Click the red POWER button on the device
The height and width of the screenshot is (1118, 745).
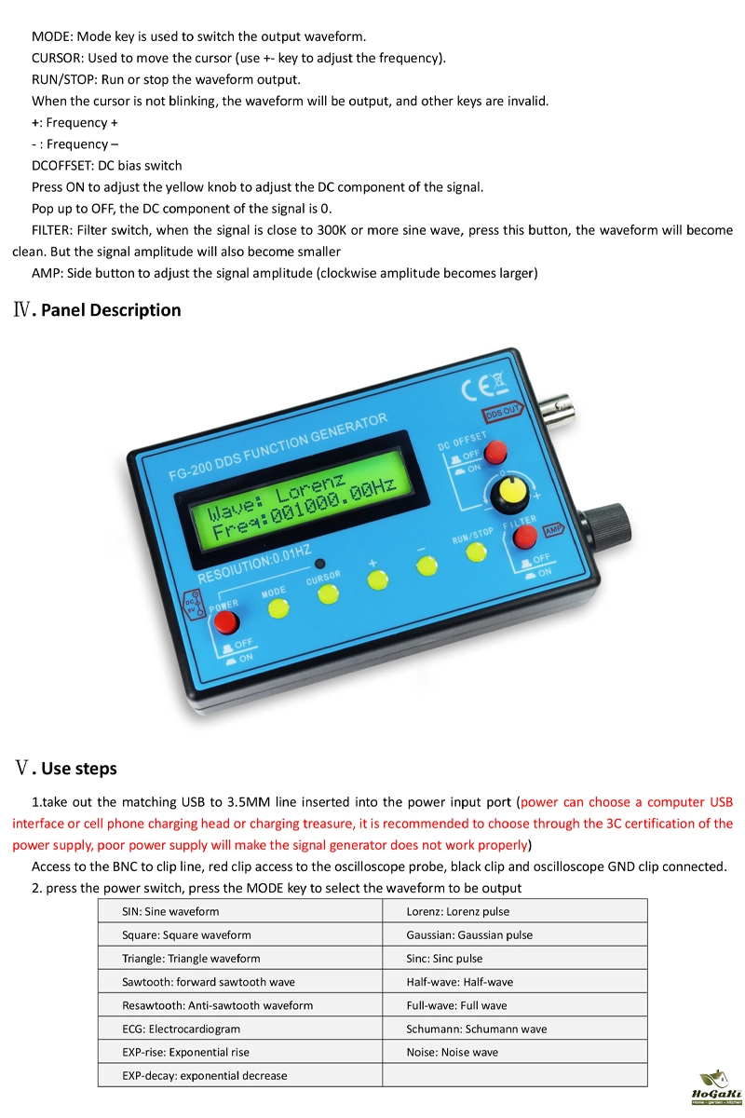(x=226, y=623)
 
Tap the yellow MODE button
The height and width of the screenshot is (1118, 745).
(x=278, y=608)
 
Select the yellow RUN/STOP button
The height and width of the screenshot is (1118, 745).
(x=476, y=551)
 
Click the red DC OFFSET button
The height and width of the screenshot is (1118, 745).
(x=495, y=452)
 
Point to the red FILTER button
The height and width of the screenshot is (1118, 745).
(x=526, y=537)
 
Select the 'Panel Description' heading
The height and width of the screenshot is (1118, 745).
(x=111, y=310)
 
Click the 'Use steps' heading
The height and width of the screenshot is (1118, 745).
(x=79, y=769)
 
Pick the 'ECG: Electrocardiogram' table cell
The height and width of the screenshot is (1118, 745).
(x=239, y=1029)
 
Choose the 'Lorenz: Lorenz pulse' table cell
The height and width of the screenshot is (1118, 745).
(x=514, y=911)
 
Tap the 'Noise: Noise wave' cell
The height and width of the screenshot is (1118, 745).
(x=514, y=1052)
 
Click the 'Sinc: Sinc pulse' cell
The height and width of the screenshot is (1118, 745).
(x=514, y=958)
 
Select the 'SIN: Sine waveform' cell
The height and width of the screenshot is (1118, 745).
(x=239, y=911)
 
